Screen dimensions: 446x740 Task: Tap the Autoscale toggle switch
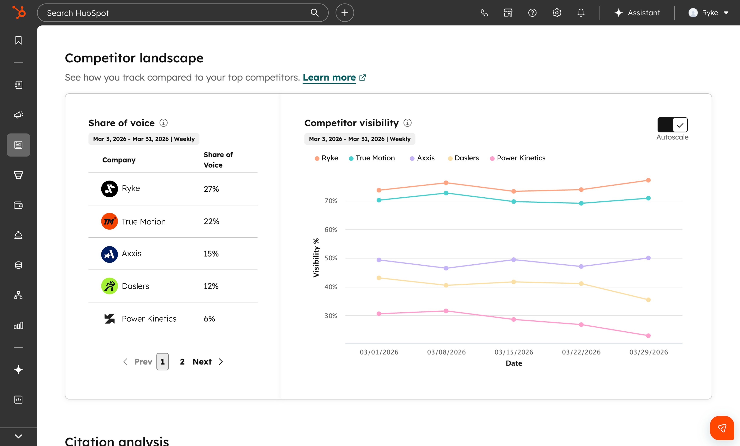tap(672, 125)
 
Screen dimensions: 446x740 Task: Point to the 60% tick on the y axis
tap(331, 230)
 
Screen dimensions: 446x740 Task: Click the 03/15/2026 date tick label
tap(514, 352)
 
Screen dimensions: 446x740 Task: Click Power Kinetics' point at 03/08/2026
tap(446, 311)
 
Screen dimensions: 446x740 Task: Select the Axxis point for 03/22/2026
tap(581, 267)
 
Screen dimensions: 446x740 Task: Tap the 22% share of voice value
tap(211, 221)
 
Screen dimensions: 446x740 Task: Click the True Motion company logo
tap(109, 221)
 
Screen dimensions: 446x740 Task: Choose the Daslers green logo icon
tap(109, 286)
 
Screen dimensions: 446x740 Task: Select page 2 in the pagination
tap(182, 362)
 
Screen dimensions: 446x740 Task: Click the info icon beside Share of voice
tap(163, 123)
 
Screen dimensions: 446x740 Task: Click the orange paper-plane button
tap(722, 428)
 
